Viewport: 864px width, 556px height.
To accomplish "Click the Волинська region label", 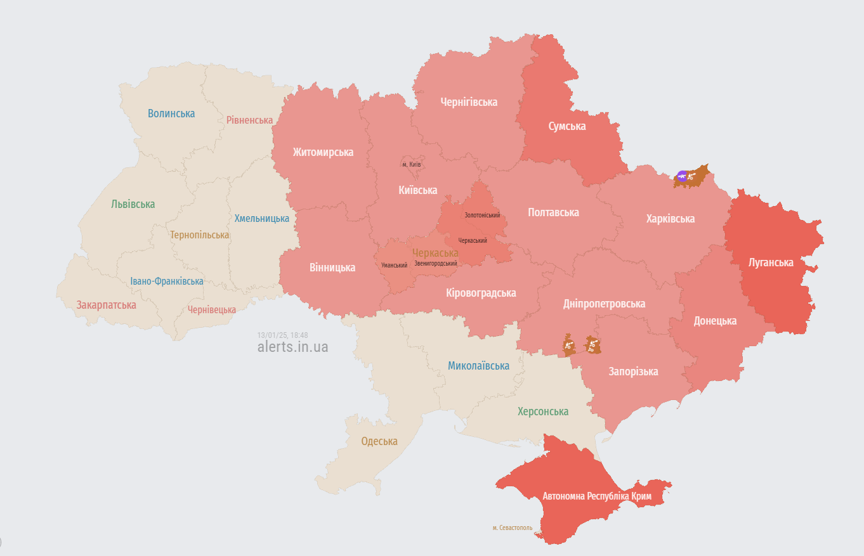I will coord(171,113).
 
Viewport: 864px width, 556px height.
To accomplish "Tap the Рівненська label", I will coord(249,120).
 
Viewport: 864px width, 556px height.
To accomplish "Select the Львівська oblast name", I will coord(133,204).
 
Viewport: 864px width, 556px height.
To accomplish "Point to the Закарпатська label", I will coord(107,305).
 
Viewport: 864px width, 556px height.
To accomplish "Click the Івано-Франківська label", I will coord(167,281).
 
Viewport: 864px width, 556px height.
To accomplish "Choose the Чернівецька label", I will coord(211,310).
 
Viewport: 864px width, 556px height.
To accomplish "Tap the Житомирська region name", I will coord(323,152).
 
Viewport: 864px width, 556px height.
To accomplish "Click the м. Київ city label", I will coord(412,165).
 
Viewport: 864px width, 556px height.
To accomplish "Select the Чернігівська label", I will coord(469,101).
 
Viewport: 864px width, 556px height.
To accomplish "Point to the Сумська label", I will coord(566,126).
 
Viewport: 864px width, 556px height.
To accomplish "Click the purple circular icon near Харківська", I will coord(681,176).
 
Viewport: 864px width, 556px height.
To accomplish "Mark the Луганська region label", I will coord(771,262).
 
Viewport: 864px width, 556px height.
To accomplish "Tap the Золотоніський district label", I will coord(482,216).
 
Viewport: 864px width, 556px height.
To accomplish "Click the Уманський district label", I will coord(394,265).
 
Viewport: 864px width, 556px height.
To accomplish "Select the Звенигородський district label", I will coord(435,263).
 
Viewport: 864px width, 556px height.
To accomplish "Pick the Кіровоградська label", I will coord(481,293).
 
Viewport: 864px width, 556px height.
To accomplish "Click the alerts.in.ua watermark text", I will coord(292,347).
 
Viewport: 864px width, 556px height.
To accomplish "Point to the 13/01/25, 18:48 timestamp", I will coord(282,335).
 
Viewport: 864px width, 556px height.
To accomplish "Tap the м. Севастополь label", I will coord(512,527).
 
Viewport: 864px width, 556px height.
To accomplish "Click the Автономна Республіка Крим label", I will coord(597,496).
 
